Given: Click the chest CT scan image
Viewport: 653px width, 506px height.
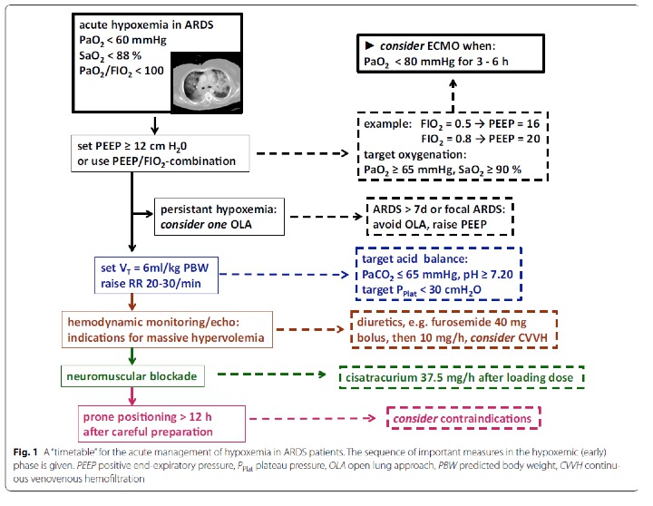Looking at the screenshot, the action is coord(207,83).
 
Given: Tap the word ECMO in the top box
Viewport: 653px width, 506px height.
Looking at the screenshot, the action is coord(443,46).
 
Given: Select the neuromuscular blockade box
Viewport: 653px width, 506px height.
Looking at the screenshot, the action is coord(132,376).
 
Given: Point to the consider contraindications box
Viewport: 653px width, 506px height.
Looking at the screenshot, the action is coord(463,418).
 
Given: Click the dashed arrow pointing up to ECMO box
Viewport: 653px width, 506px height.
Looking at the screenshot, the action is coord(453,96).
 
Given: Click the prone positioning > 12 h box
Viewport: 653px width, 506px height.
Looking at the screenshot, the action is coord(161,424).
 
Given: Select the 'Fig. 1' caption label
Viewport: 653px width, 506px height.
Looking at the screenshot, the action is coord(25,452).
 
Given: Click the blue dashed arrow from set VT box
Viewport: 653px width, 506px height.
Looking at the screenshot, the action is coord(284,275).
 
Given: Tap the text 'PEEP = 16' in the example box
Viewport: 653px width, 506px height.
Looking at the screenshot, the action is coord(514,123).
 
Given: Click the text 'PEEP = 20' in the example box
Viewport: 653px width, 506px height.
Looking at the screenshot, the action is coord(515,139).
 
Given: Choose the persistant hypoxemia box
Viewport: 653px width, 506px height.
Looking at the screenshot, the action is coord(219,217).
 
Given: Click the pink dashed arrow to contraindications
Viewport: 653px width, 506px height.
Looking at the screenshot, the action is coord(313,418).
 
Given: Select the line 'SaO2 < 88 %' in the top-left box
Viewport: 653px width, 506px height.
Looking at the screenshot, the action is coord(110,56).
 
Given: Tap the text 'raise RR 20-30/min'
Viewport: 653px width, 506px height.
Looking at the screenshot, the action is coord(151,284).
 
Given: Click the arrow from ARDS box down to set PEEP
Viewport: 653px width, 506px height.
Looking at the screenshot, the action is coord(154,125).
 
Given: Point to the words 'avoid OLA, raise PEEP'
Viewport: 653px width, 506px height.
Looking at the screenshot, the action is coord(430,225).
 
